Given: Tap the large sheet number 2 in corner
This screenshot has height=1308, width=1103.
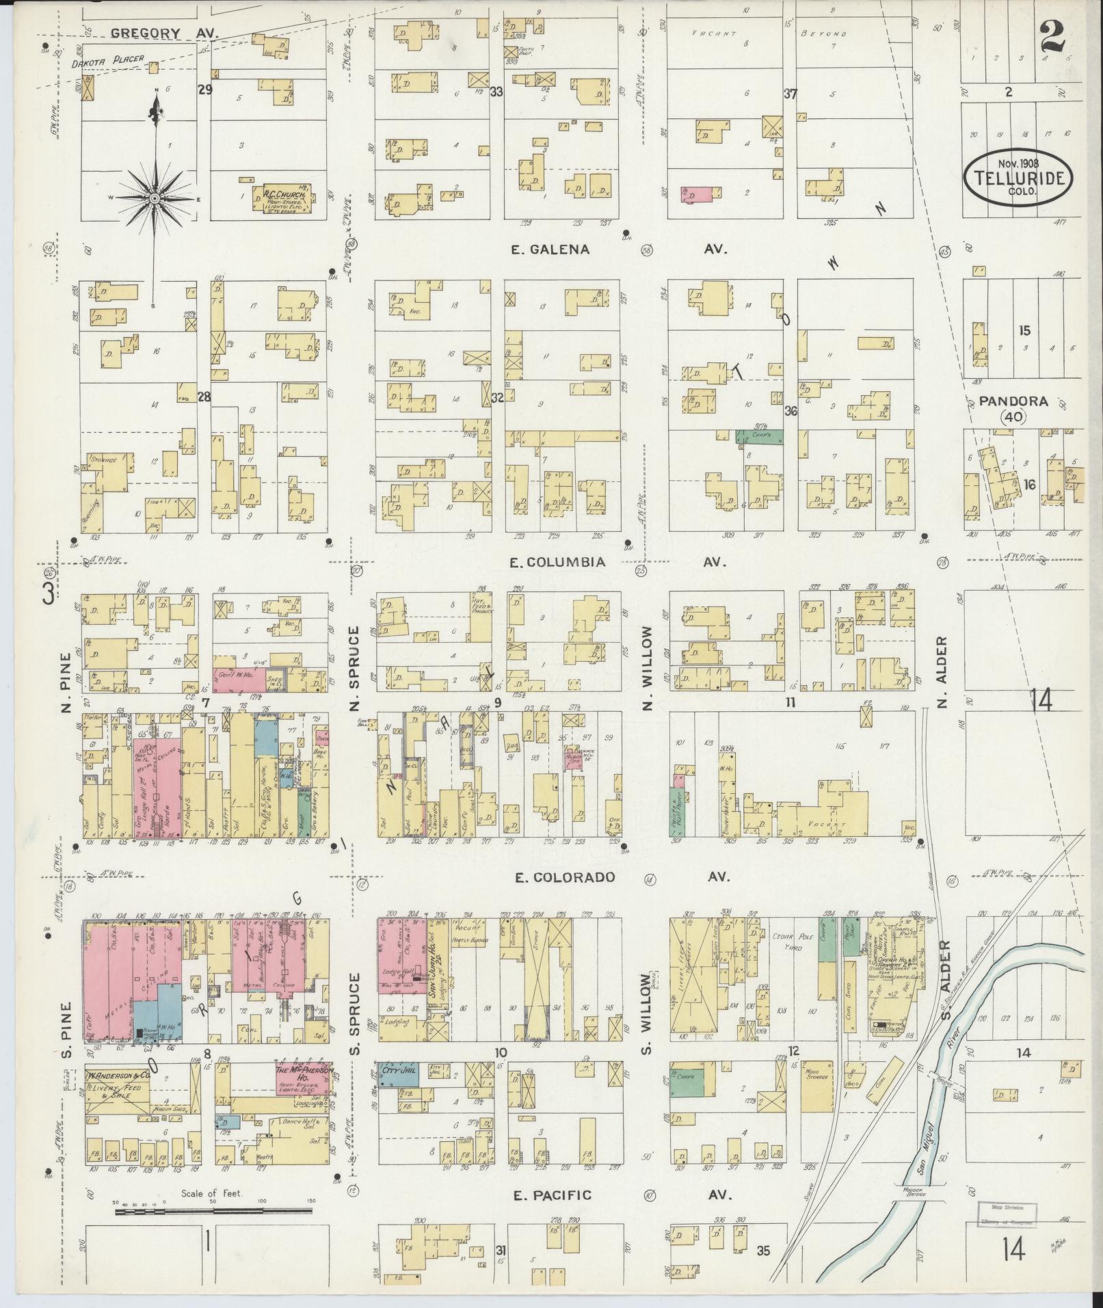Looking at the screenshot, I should tap(1052, 38).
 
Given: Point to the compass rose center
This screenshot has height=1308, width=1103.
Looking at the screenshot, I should tap(155, 198).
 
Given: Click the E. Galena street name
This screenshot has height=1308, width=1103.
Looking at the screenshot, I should tap(550, 250).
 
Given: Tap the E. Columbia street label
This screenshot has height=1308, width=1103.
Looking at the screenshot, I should tap(558, 562).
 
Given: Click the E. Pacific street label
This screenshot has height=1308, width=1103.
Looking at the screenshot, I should tap(552, 1195).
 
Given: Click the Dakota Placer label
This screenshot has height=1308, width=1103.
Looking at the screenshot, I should tap(108, 59).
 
